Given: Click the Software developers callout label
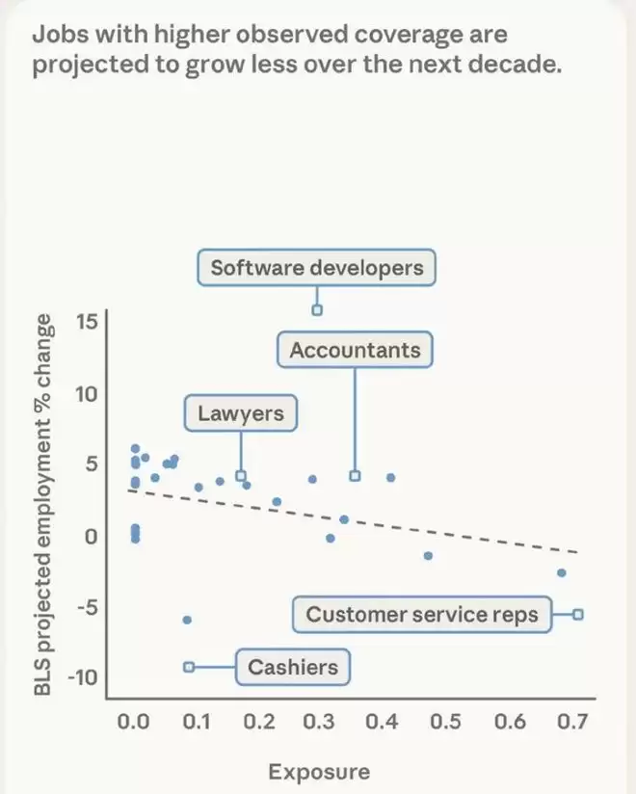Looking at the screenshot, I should (316, 268).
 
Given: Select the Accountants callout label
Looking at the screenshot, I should (355, 350).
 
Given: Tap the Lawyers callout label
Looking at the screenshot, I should (241, 414).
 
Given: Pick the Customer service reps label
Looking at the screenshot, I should (422, 615).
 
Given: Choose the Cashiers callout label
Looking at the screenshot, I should (293, 667).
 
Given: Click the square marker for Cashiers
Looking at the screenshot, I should (189, 666).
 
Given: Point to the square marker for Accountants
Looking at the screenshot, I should (355, 476).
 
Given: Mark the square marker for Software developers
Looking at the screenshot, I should (316, 310).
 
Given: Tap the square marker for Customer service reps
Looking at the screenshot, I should (577, 614).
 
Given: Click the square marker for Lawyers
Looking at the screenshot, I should (241, 475).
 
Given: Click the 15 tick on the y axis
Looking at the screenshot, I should (87, 320).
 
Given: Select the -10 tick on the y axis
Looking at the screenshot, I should (83, 676).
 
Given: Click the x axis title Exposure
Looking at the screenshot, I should (318, 772).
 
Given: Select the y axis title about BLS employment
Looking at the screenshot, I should (42, 500).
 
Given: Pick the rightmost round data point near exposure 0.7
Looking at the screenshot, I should (562, 573).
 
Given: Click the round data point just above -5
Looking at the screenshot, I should (187, 620).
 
